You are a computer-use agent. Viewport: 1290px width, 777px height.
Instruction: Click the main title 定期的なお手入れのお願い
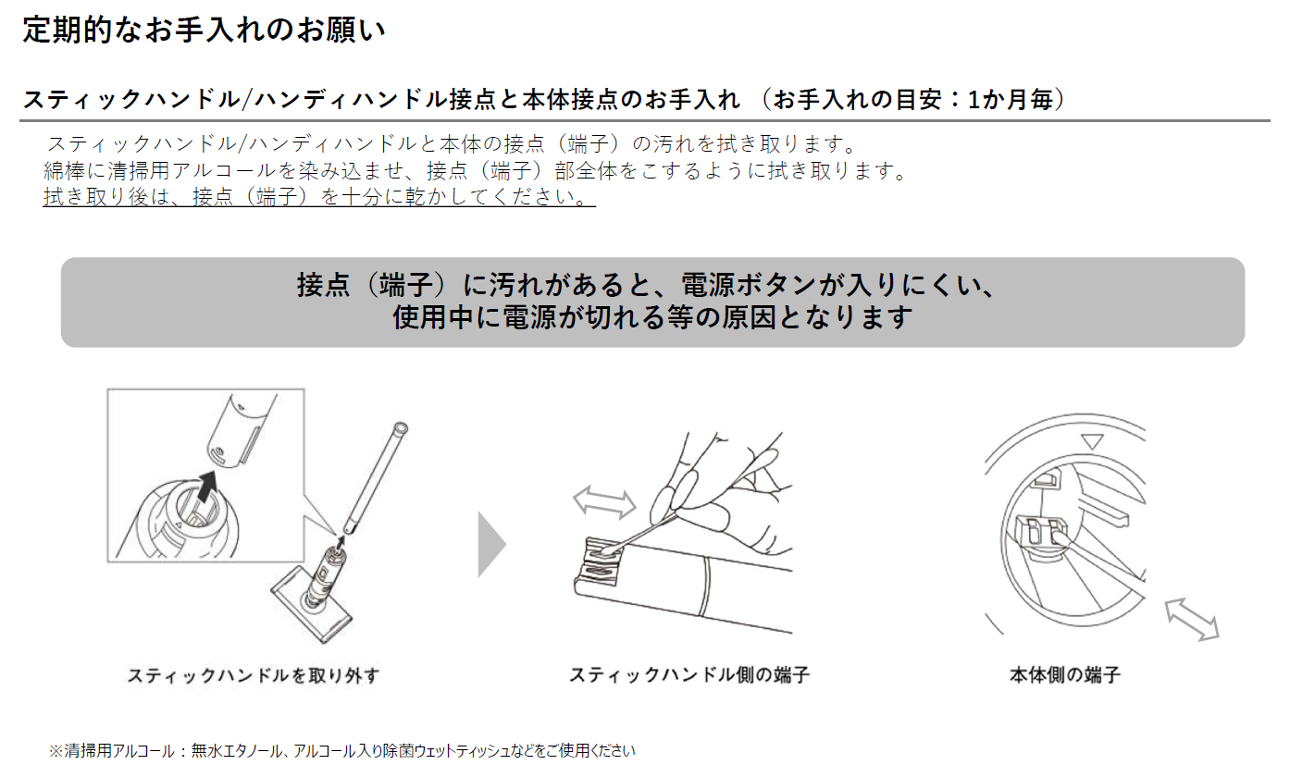204,30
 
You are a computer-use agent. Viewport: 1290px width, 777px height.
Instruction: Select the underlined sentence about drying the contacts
319,197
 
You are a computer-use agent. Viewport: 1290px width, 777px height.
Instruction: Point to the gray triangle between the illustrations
491,544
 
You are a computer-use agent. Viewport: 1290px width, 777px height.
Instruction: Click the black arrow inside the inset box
206,487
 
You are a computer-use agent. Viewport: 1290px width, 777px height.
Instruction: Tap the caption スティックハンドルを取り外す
254,675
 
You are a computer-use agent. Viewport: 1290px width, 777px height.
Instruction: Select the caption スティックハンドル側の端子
689,674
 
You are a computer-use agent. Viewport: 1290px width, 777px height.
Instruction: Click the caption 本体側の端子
1065,674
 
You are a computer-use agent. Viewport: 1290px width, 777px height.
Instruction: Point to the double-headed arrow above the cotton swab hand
604,501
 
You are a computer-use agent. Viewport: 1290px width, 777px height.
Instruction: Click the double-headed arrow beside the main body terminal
1192,620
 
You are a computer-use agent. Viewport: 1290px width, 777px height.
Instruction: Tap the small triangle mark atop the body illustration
1092,441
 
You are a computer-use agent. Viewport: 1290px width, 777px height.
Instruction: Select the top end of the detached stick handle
401,429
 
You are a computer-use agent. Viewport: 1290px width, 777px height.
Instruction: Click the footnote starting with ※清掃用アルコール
342,750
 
